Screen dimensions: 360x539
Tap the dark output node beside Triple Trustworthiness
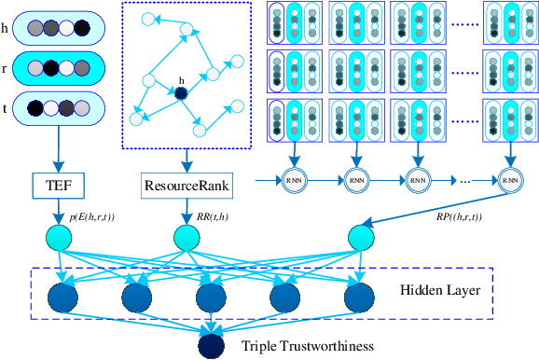coord(211,346)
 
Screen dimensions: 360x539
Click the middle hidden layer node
coord(211,296)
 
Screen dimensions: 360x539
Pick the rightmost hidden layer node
coord(359,296)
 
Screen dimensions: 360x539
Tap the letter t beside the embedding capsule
coord(8,108)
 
